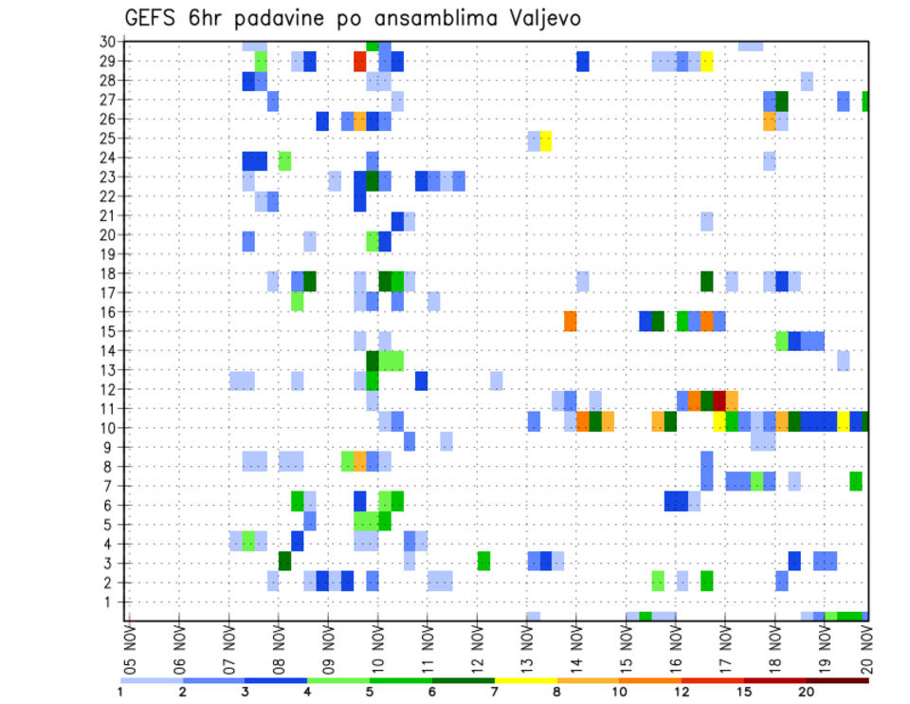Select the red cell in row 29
click(359, 62)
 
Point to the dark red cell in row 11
click(719, 399)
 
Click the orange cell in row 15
click(570, 322)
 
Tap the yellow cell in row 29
click(706, 62)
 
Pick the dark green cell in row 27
click(781, 101)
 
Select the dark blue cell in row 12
click(421, 380)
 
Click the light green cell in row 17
click(297, 302)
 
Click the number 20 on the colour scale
click(806, 691)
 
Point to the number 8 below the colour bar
click(557, 691)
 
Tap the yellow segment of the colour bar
click(526, 679)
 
